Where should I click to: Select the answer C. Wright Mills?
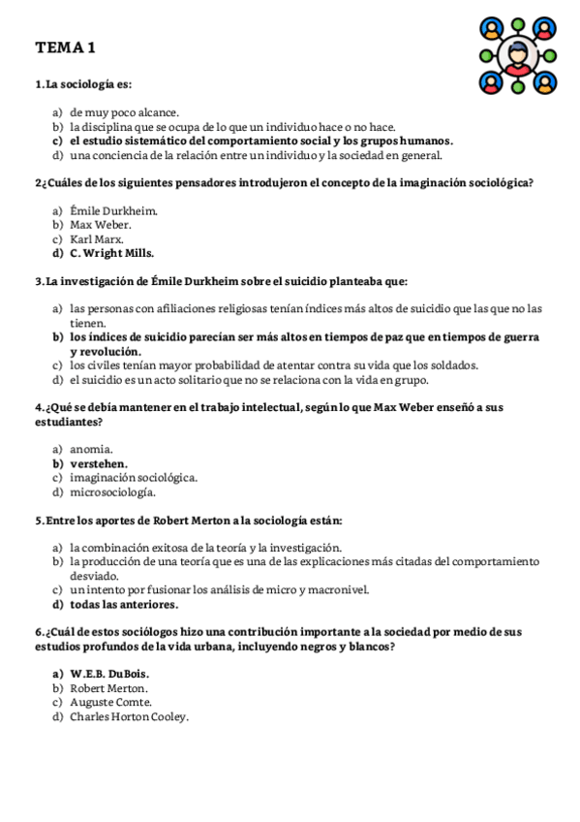[111, 254]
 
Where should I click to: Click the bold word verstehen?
[99, 463]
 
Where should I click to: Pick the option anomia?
[92, 449]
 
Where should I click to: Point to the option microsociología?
[112, 491]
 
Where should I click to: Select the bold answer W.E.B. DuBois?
[109, 673]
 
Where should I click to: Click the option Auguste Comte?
[110, 702]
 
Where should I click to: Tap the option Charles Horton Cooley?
[129, 716]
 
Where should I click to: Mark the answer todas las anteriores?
[124, 604]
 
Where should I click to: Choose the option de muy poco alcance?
[124, 111]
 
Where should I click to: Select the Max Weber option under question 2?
[101, 225]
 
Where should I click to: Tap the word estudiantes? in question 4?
[69, 422]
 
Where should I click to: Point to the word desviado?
[94, 575]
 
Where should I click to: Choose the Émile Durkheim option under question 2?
[113, 210]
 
